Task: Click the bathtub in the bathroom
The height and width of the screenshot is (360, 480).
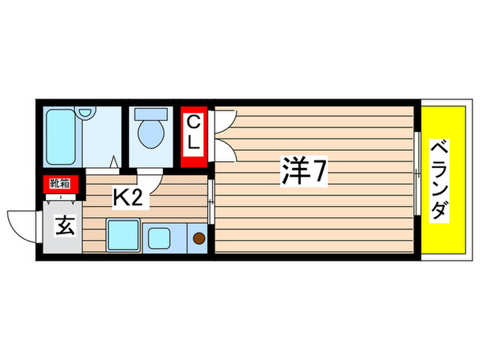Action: click(x=64, y=136)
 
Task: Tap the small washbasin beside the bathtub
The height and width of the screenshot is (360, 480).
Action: click(x=85, y=113)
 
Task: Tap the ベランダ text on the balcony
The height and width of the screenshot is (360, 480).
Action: click(x=440, y=179)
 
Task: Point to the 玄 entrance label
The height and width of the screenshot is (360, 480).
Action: click(x=64, y=226)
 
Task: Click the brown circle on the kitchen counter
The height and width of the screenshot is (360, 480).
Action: click(x=198, y=239)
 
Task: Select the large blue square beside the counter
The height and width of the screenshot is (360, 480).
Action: click(x=123, y=236)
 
